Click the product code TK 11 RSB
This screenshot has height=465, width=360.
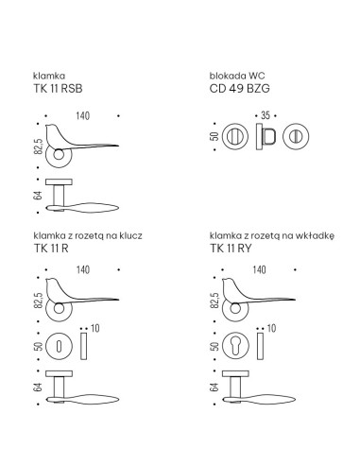coord(58,89)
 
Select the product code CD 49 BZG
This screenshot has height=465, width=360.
coord(240,89)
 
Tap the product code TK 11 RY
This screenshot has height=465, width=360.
coord(231,249)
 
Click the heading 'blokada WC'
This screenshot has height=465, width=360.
coord(237,76)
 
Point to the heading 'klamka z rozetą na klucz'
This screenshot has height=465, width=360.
coord(88,235)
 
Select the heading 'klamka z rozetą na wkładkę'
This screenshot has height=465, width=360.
coord(272,236)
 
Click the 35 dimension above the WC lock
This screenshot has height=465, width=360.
coord(266,115)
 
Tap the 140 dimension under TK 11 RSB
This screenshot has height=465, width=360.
coord(83,116)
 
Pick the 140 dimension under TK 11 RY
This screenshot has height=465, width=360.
coord(259,269)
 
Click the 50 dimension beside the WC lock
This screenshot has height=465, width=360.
coord(214,136)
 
